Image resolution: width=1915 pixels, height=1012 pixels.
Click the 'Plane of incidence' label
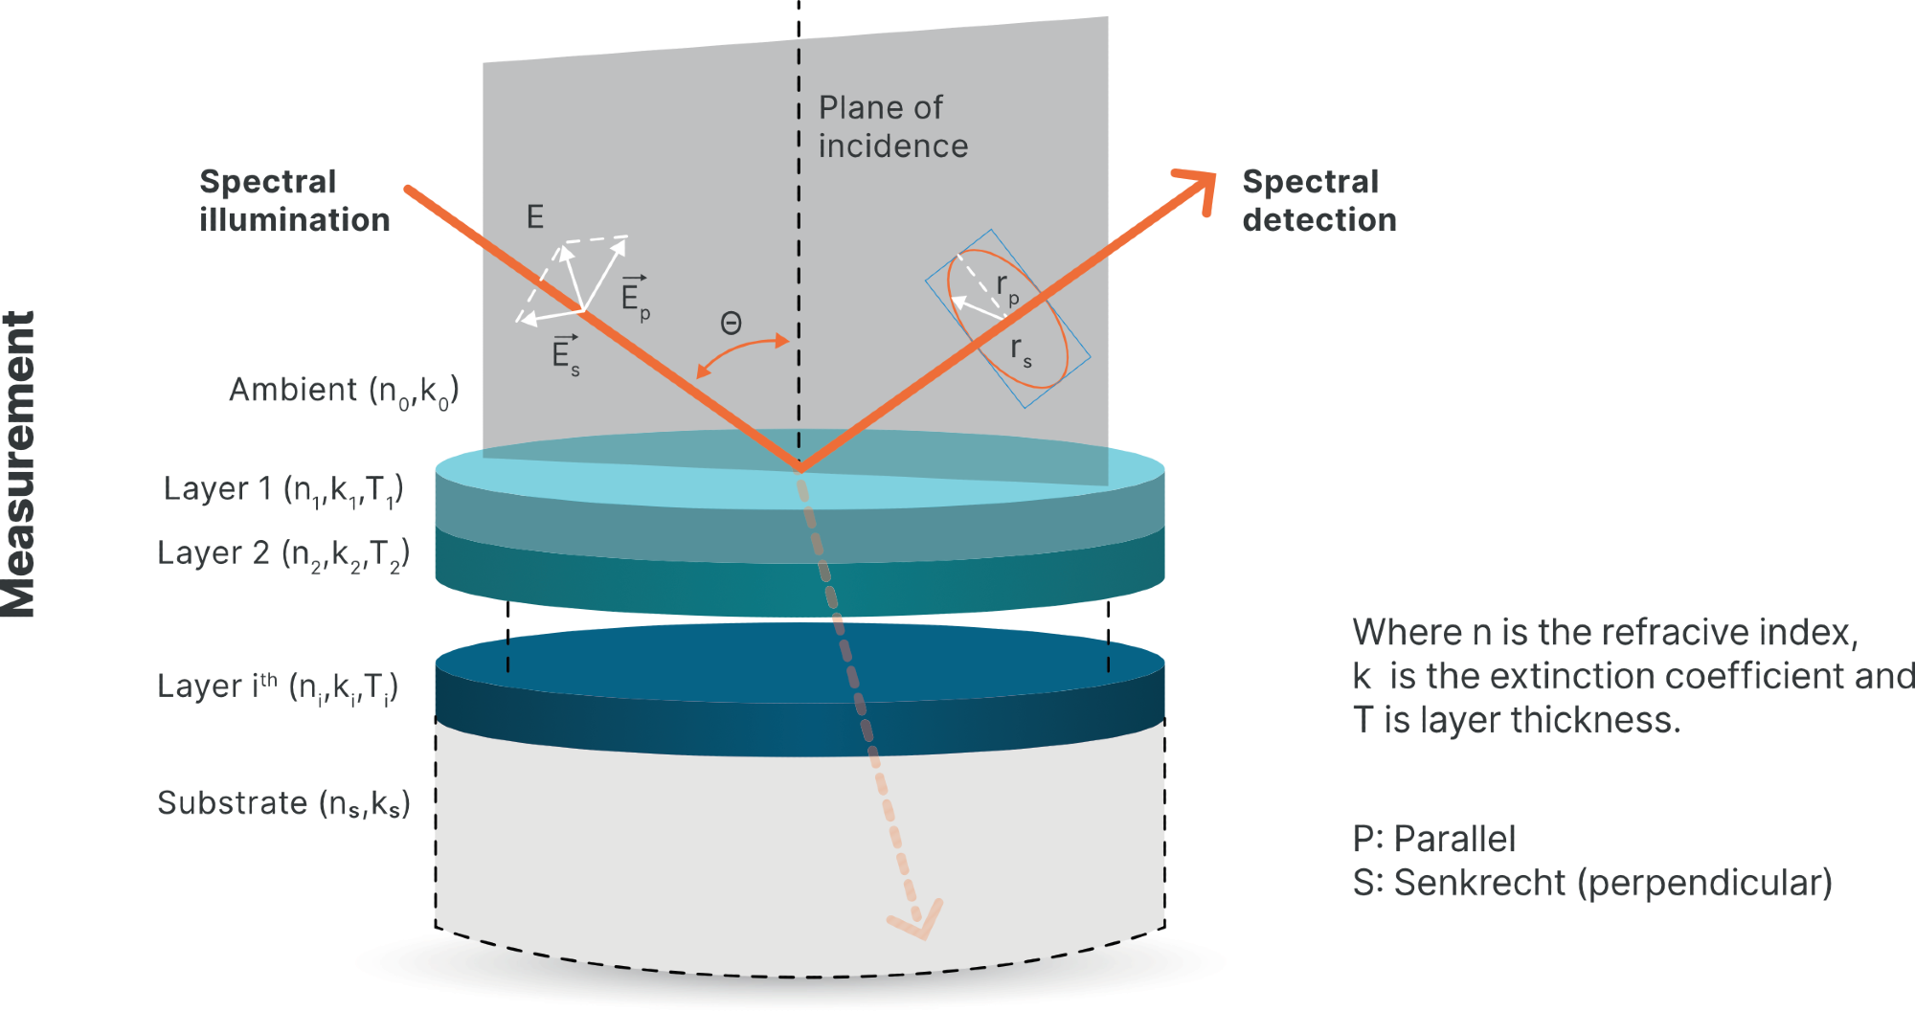click(x=892, y=126)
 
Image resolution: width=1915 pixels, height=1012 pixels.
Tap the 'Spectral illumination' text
click(x=294, y=201)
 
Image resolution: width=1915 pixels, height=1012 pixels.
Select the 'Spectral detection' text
click(x=1318, y=201)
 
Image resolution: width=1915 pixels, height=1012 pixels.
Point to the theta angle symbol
click(x=731, y=324)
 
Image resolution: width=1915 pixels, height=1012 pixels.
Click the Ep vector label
click(x=635, y=298)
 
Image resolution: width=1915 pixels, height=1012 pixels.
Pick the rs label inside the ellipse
click(x=1021, y=350)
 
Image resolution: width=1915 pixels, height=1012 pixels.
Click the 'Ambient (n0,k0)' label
click(x=344, y=391)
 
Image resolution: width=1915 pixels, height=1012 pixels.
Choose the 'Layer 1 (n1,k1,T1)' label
click(x=283, y=490)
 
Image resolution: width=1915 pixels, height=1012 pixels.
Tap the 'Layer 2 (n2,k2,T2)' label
click(x=283, y=554)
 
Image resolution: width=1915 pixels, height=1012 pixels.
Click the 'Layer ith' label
click(x=278, y=686)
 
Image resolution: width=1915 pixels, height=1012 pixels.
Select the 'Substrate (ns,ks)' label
click(x=283, y=803)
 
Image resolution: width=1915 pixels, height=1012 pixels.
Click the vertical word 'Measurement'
click(x=19, y=464)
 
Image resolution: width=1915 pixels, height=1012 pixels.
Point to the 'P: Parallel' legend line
click(x=1433, y=839)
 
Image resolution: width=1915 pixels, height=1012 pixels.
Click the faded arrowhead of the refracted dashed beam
click(x=918, y=920)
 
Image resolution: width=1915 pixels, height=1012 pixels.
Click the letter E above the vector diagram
click(x=535, y=216)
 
